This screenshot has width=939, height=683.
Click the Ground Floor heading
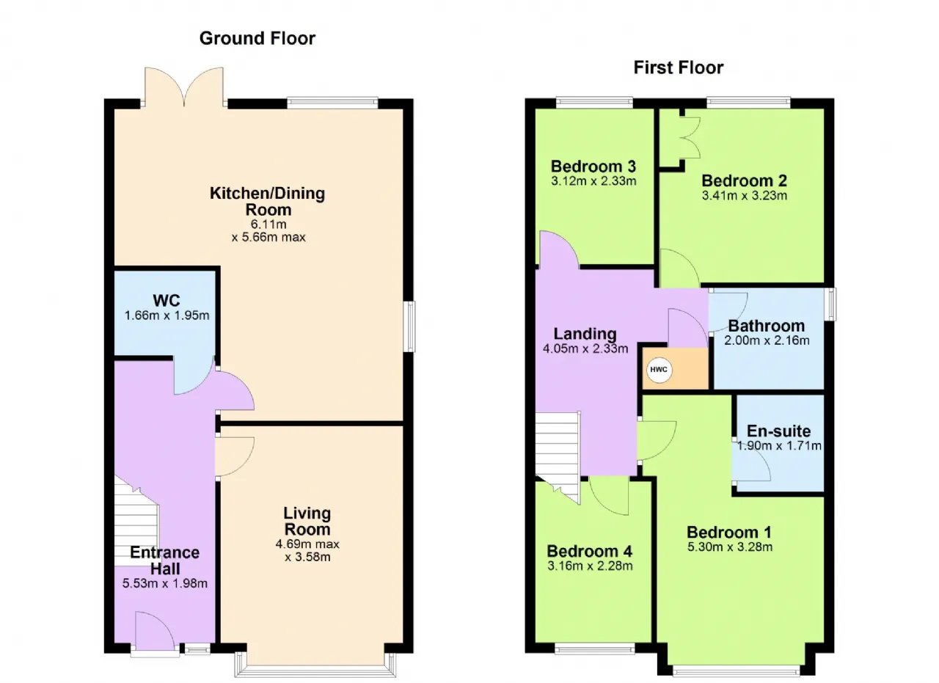(x=257, y=38)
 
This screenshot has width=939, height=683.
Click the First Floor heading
(x=679, y=67)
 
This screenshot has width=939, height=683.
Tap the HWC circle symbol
(x=659, y=370)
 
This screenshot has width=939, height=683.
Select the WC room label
(x=167, y=300)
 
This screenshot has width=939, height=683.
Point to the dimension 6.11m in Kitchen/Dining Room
(x=268, y=224)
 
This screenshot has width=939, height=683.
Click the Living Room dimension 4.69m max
(x=307, y=544)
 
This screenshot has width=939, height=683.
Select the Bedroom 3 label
(x=593, y=166)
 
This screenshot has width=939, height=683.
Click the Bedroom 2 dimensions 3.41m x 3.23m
(x=745, y=195)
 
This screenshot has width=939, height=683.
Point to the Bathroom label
(x=767, y=326)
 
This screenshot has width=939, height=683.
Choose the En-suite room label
(x=778, y=431)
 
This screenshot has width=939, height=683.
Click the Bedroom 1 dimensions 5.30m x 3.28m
(x=730, y=547)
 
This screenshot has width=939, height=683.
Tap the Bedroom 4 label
(x=589, y=551)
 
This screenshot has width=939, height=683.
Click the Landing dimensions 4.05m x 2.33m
(x=585, y=348)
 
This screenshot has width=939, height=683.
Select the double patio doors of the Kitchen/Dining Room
(x=183, y=87)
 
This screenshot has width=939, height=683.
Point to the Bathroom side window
(x=830, y=304)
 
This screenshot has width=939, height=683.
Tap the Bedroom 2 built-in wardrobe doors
(x=690, y=137)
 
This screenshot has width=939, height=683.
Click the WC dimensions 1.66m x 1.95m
(x=167, y=315)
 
